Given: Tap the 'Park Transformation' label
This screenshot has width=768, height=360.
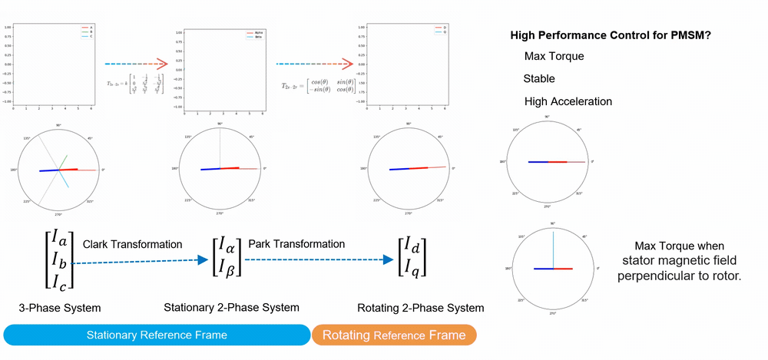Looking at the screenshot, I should (x=296, y=244).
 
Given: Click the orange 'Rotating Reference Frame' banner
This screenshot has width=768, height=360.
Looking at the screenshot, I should (x=394, y=335).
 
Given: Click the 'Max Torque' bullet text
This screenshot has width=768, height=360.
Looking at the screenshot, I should (x=554, y=57).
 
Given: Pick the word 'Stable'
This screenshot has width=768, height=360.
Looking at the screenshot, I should (x=539, y=78).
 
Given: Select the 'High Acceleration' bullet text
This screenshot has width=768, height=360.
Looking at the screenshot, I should (x=568, y=101).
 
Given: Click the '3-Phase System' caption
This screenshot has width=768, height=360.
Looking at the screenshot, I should (x=60, y=308).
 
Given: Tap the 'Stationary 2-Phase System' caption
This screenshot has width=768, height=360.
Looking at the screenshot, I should (x=230, y=308).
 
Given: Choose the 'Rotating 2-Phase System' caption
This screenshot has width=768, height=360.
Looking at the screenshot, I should (x=421, y=308).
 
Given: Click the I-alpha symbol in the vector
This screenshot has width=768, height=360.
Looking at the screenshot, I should (x=227, y=246).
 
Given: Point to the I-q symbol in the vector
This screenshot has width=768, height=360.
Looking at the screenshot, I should (x=412, y=268).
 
